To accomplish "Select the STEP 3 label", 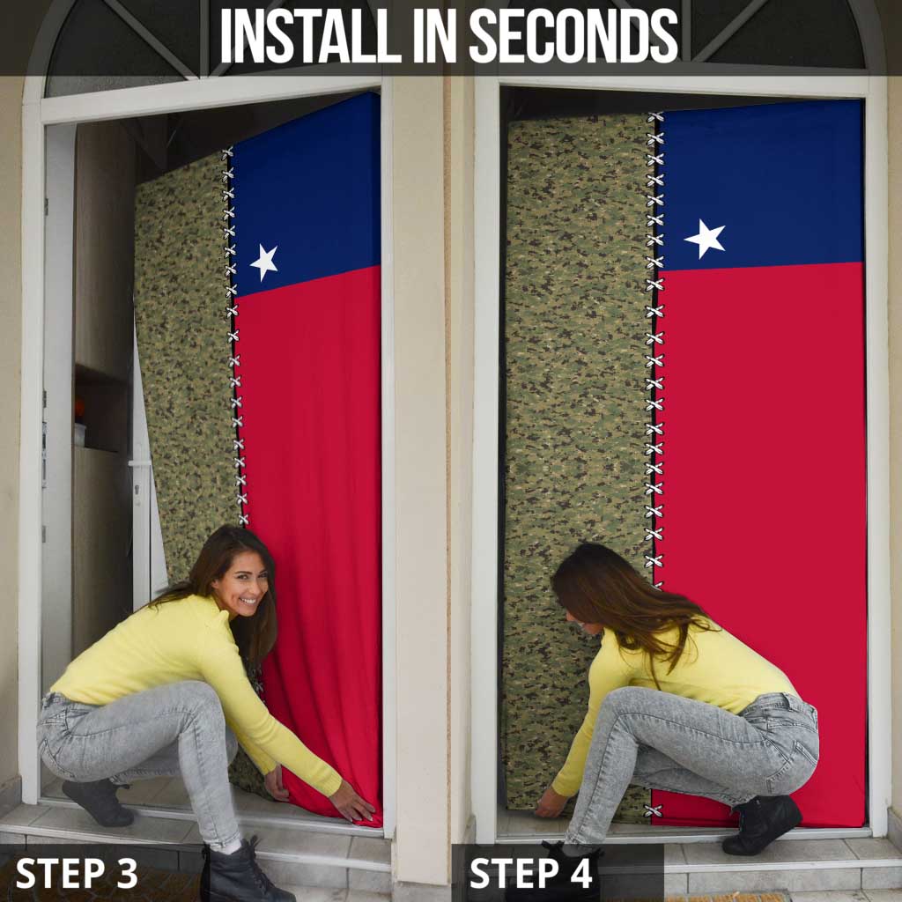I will click(x=77, y=873).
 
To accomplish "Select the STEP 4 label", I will click(x=531, y=873).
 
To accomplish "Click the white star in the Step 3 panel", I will click(x=263, y=262).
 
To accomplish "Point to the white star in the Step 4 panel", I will click(x=705, y=238).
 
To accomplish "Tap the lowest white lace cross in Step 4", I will click(x=654, y=810).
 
